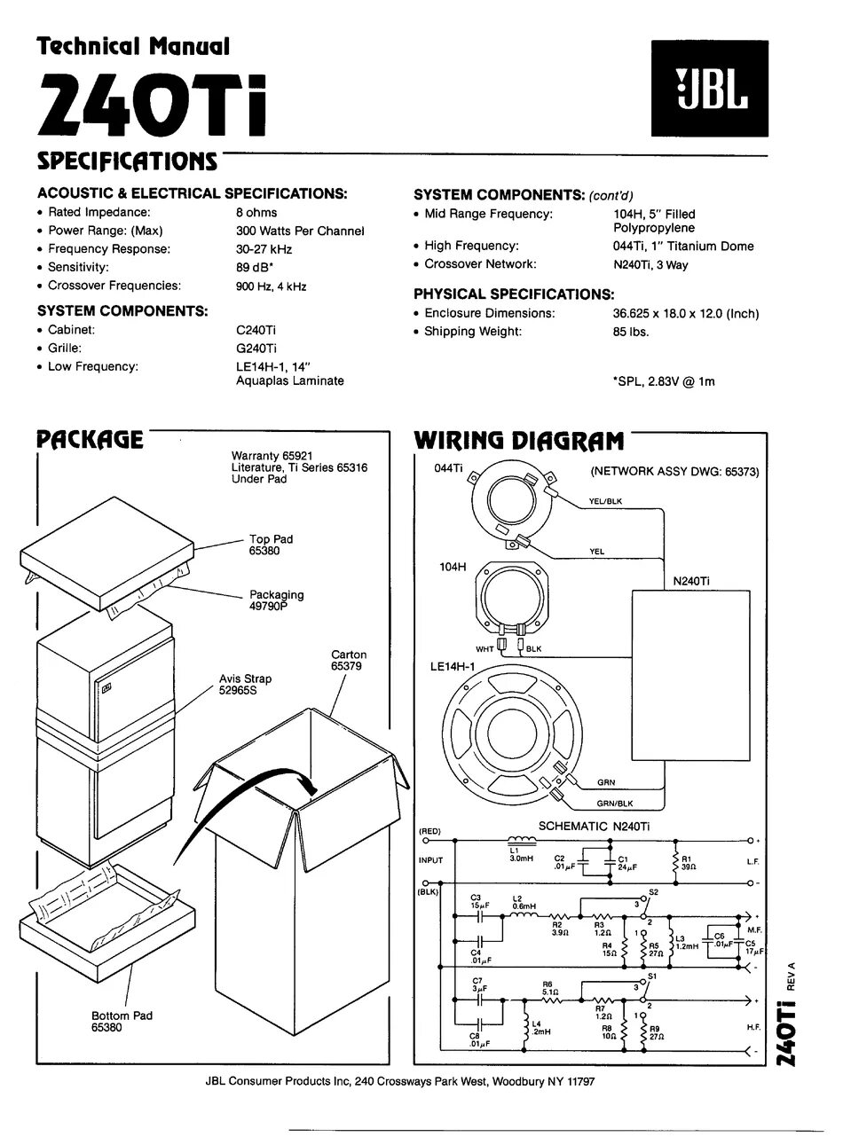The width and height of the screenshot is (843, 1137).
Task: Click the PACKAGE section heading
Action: pos(89,440)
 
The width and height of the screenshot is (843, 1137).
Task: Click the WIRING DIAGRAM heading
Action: pos(519,441)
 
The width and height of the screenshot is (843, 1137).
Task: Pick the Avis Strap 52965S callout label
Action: pos(246,685)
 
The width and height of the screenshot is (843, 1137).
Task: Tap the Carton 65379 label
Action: pos(349,661)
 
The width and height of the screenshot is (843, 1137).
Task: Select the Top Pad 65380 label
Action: pos(271,545)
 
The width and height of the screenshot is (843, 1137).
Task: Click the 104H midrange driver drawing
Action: pos(510,603)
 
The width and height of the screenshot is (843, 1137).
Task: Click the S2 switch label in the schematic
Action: pos(653,891)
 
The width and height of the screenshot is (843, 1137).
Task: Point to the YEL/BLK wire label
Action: pos(605,501)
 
